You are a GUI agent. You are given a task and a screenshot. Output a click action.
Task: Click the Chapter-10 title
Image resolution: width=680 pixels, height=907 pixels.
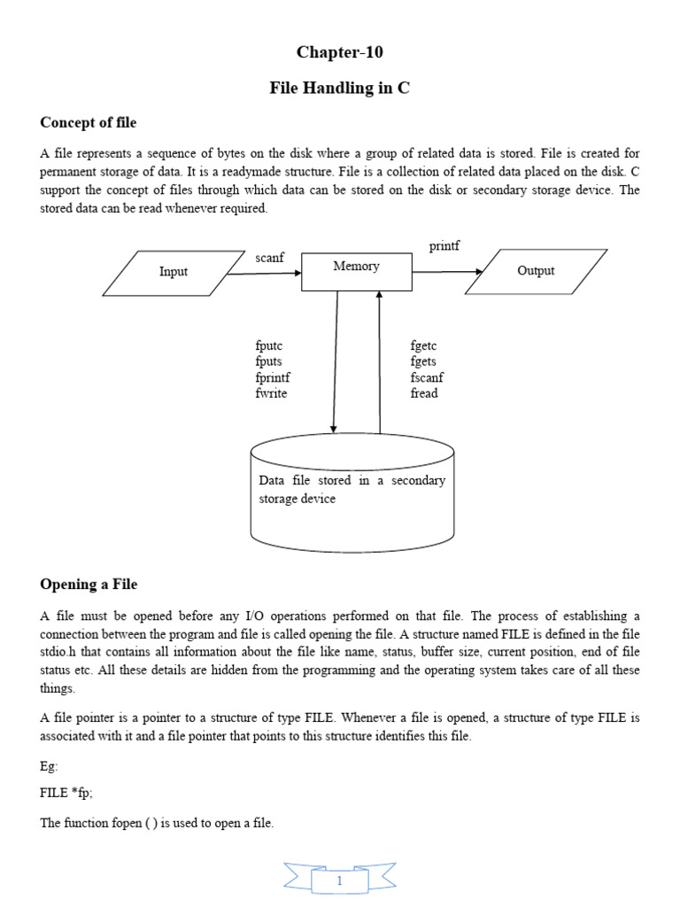340,52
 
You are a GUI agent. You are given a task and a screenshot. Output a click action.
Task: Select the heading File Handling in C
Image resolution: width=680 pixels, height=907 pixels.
340,89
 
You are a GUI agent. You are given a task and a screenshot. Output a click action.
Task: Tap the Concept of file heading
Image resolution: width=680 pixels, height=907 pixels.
89,122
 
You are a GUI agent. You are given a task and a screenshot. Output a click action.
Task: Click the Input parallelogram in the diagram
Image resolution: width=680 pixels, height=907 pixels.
174,272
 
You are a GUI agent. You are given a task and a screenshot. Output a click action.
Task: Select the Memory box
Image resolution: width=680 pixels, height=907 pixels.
357,271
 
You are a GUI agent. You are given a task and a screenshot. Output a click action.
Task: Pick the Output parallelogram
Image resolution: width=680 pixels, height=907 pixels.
536,271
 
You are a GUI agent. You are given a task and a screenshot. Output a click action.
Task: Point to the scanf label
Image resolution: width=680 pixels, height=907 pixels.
269,258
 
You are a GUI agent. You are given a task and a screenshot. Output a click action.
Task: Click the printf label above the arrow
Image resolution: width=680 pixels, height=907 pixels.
444,245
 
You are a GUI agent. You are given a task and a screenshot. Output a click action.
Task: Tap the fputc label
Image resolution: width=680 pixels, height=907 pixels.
268,346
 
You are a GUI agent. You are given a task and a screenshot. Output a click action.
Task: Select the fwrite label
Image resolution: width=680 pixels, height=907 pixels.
271,393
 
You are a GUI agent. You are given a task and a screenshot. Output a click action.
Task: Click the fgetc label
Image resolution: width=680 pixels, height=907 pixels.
424,346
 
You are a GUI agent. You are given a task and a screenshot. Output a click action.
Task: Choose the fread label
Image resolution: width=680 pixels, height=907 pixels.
424,393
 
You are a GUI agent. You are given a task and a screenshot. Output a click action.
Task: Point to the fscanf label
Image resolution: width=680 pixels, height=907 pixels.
428,377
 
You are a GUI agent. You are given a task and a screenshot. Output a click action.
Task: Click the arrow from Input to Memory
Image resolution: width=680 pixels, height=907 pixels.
264,274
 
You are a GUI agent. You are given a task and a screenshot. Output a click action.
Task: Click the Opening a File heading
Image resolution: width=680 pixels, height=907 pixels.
89,585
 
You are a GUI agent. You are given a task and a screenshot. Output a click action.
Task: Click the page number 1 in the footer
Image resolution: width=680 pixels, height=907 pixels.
339,881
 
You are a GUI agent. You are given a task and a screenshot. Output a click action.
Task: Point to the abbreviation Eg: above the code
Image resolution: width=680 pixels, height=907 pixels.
50,765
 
